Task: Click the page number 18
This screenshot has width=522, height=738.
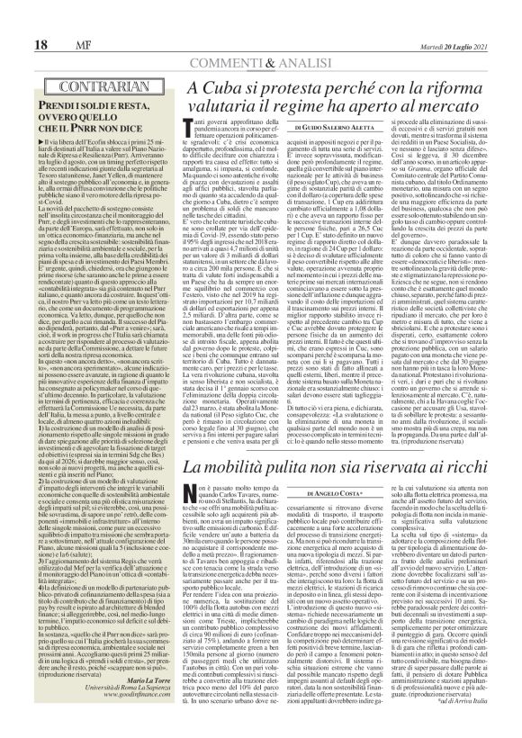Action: coord(17,19)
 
